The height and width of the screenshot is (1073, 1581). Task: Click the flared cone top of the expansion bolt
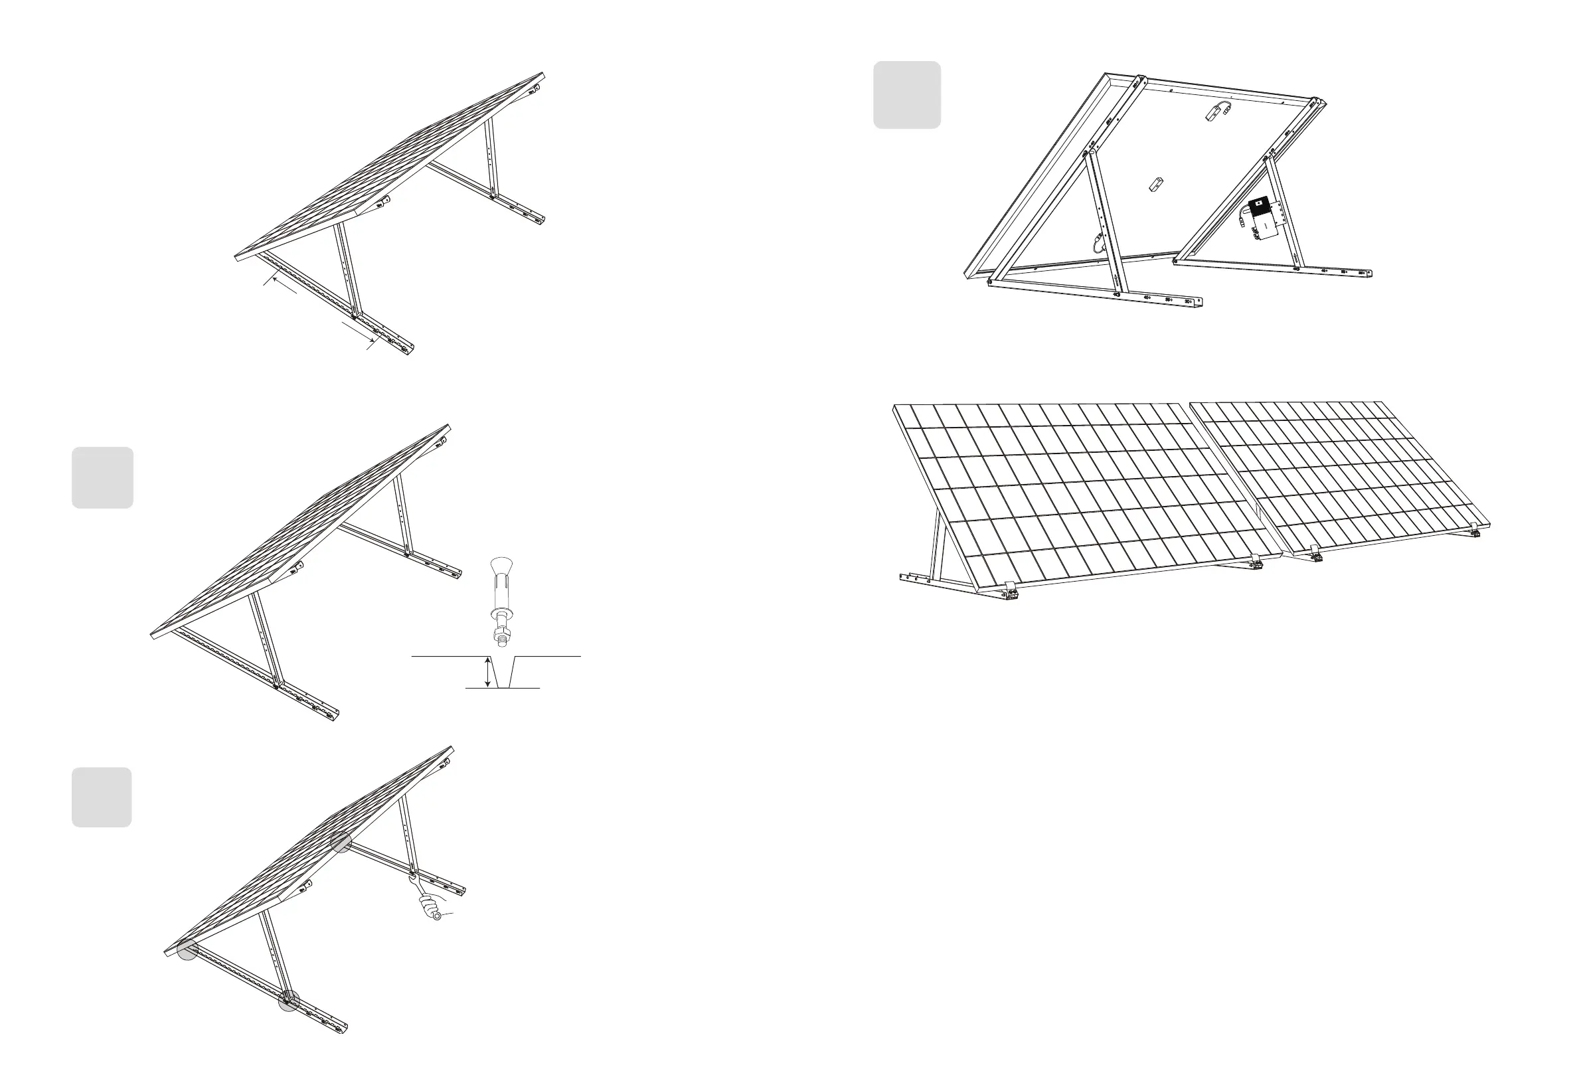coord(501,566)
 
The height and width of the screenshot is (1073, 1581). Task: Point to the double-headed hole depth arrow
coord(487,671)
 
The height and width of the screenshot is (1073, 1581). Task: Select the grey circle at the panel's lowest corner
coord(188,950)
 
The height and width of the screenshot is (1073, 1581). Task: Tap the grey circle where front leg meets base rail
coord(289,1001)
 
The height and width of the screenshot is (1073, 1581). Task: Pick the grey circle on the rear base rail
coord(341,843)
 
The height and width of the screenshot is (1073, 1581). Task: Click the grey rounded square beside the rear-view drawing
coord(907,95)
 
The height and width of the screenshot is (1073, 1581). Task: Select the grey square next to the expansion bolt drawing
coord(103,477)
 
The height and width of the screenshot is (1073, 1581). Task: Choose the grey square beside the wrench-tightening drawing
coord(102,797)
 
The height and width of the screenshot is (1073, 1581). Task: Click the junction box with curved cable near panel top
coord(1217,111)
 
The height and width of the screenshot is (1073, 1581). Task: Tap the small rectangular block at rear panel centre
coord(1156,184)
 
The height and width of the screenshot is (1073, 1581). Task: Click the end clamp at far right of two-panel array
coord(1474,529)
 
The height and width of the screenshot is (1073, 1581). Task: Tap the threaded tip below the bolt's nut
coord(502,643)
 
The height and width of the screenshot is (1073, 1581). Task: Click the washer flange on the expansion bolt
coord(501,614)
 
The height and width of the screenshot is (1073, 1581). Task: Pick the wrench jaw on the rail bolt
coord(413,878)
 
